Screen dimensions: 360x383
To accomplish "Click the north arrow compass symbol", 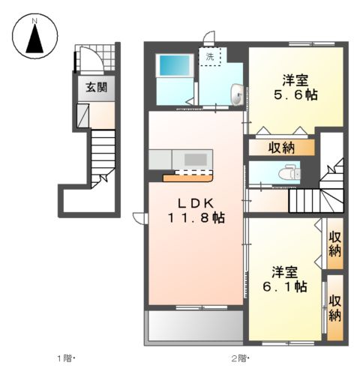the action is pos(35,37).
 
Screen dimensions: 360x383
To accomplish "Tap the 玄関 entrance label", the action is pos(97,88).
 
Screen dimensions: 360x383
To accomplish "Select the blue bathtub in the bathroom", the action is pos(175,65).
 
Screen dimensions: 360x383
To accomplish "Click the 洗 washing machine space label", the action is pos(210,57).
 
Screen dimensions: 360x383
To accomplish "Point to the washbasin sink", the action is pos(237,94).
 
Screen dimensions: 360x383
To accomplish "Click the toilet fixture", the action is pos(290,172).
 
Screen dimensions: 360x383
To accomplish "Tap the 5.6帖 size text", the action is pos(296,95).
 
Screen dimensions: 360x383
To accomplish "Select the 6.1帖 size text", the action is pos(285,286).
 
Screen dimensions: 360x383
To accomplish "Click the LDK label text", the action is pos(196,203).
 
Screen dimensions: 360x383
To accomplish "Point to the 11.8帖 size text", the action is pos(196,218).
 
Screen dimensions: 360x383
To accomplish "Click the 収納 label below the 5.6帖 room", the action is pos(281,148).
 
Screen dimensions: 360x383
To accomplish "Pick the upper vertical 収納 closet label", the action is pos(335,244).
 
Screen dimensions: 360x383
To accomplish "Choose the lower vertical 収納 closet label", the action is pos(335,309).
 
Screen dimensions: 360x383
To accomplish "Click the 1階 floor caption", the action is pos(66,359).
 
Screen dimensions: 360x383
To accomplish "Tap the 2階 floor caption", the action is pos(239,359).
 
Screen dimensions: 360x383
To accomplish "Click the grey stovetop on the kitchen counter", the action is pos(196,160).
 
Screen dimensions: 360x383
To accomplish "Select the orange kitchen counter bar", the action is pos(188,178).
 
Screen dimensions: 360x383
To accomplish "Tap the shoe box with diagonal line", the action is pos(83,115).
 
